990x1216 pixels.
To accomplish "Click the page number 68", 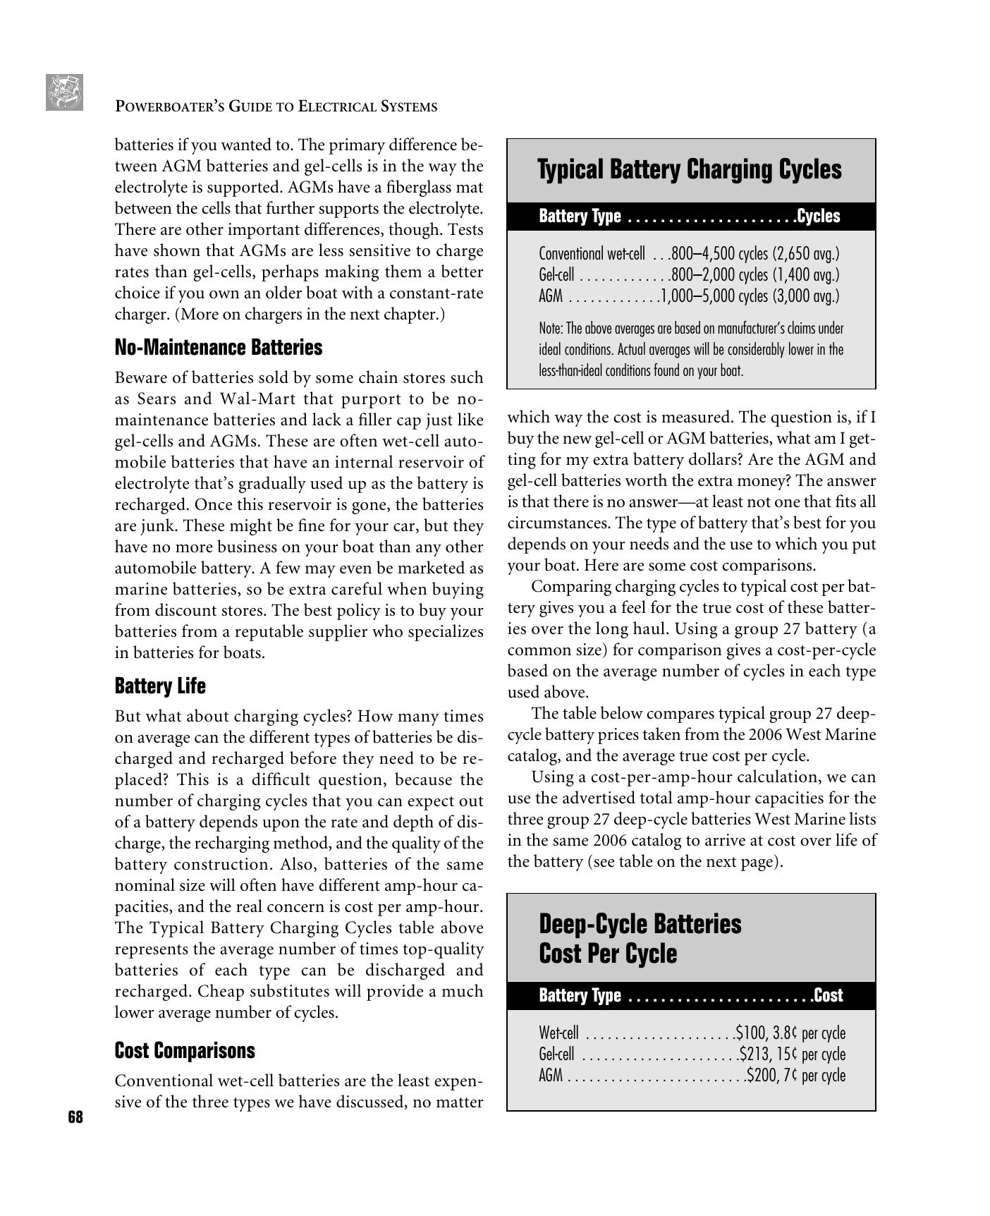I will [75, 1117].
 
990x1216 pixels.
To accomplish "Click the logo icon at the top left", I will [65, 92].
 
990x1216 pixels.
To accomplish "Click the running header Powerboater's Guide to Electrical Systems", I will [276, 107].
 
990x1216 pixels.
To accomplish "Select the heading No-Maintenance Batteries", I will [219, 348].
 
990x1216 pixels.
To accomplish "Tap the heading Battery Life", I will [160, 686].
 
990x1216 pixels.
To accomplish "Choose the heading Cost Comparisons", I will [185, 1050].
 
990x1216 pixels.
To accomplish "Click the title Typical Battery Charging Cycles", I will [689, 170].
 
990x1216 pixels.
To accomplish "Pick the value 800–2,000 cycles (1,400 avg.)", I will [755, 275].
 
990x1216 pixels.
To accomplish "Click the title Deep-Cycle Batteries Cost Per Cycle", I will [640, 938].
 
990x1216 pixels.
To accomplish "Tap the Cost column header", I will [829, 995].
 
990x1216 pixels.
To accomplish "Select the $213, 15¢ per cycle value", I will [793, 1054].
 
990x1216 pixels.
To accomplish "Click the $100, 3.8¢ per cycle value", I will [790, 1033].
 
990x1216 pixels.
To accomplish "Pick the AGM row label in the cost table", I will [551, 1076].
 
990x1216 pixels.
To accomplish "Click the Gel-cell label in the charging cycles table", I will [556, 275].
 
